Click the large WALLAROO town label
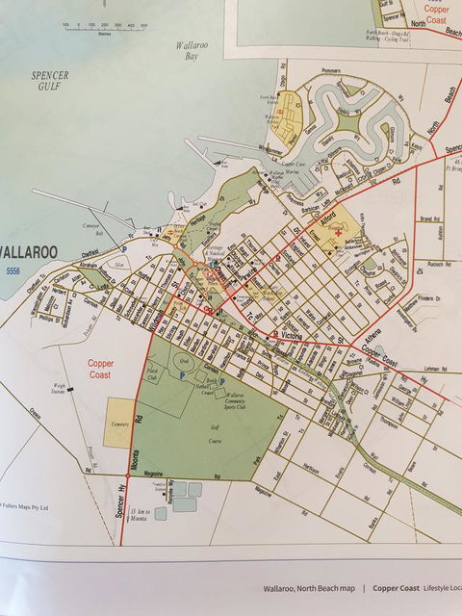tap(30, 252)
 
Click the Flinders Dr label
tap(426, 300)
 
